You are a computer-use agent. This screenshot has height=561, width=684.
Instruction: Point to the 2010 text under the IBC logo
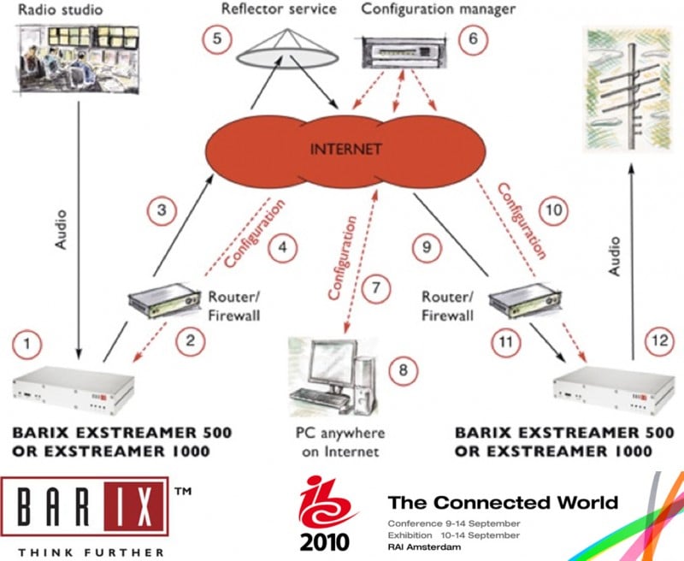324,540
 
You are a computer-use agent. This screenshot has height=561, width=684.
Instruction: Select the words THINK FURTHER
81,552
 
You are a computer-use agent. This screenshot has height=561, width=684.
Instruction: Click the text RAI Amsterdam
424,544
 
